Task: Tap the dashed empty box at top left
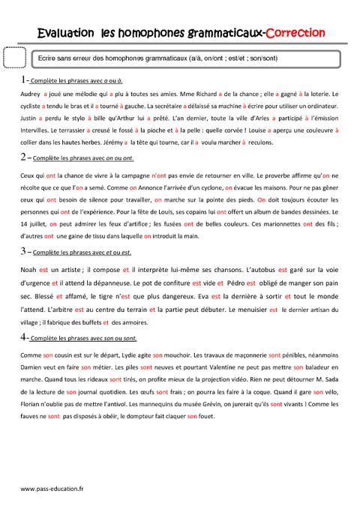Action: tap(15, 58)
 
